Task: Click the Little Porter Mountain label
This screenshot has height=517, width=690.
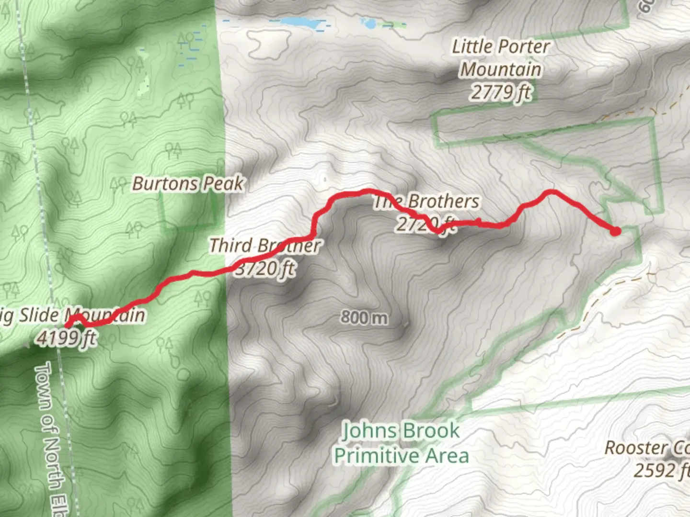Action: tap(501, 58)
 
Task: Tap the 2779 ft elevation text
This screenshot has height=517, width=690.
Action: tap(501, 92)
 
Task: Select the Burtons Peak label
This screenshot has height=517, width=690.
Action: tap(188, 183)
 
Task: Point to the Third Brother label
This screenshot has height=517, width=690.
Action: tap(264, 246)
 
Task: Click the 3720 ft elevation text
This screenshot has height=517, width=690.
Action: tap(265, 269)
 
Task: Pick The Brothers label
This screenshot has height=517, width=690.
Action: tap(426, 201)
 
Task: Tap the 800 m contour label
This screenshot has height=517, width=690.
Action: tap(364, 317)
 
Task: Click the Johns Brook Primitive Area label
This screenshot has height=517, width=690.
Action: tap(401, 443)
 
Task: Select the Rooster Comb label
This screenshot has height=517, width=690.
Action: tap(647, 448)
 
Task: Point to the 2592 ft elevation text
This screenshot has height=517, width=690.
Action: tap(661, 470)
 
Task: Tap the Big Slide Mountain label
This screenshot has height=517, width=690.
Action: tap(72, 315)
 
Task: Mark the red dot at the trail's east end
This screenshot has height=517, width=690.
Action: tap(615, 232)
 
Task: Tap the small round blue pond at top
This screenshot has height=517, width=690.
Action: tap(370, 23)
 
